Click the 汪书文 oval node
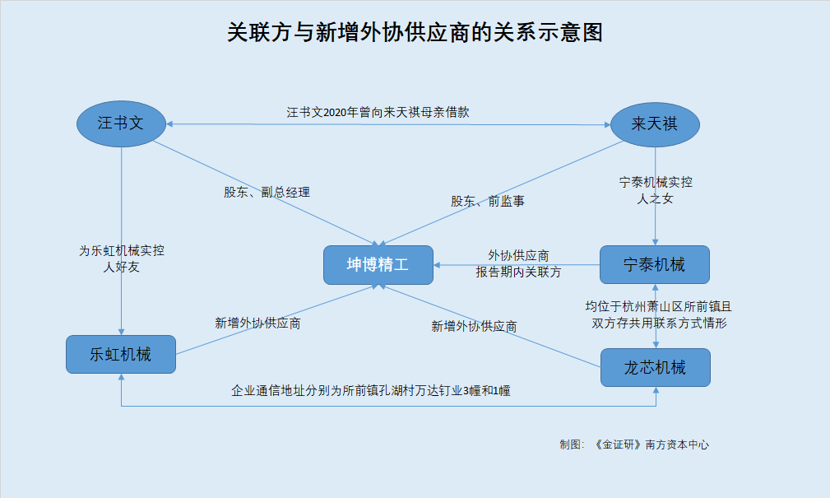tap(121, 124)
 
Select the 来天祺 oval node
tap(655, 124)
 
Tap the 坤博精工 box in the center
tap(378, 264)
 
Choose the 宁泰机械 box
tap(654, 264)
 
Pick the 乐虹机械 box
tap(121, 354)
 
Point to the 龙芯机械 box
tap(656, 367)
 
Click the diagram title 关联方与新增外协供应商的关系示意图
tap(415, 32)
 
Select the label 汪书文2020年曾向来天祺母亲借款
tap(378, 112)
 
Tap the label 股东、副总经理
tap(267, 193)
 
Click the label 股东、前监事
tap(488, 202)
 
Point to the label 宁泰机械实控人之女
tap(656, 191)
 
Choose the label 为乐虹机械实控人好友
tap(121, 258)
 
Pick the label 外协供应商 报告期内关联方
tap(518, 264)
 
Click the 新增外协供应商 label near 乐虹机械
tap(257, 323)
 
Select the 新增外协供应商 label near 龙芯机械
tap(474, 326)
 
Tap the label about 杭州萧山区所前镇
tap(659, 314)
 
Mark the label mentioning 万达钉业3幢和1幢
tap(370, 391)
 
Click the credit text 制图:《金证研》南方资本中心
tap(634, 444)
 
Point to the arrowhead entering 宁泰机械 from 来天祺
tap(656, 242)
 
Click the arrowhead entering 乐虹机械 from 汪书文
tap(121, 332)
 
